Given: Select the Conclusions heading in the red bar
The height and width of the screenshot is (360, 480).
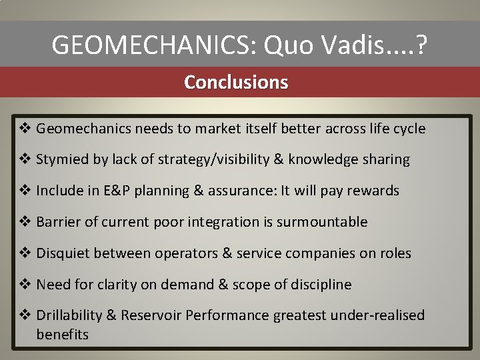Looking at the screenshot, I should coord(236,82).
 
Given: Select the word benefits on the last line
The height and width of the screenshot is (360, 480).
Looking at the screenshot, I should coord(62,334).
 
